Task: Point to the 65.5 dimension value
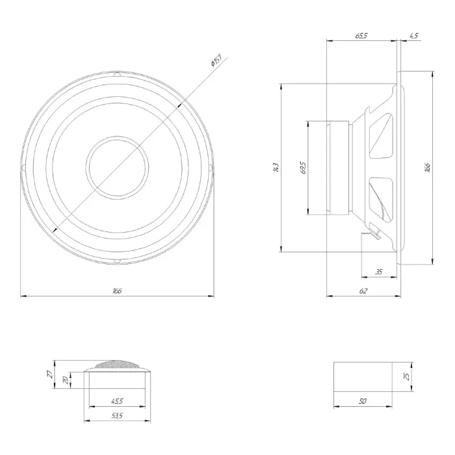[x=362, y=36]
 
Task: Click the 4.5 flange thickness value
[x=413, y=36]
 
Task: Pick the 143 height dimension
[x=276, y=168]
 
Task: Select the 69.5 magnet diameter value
[x=304, y=168]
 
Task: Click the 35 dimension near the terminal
[x=378, y=271]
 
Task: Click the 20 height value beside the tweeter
[x=66, y=380]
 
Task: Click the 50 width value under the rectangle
[x=362, y=402]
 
